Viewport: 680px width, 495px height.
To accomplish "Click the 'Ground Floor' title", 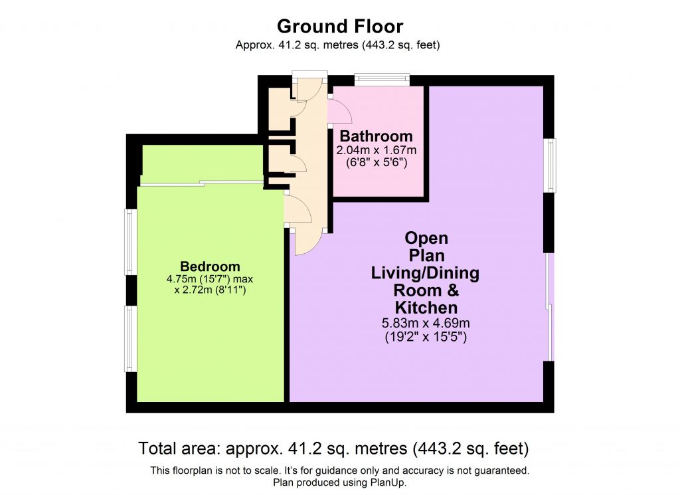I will pos(339,27).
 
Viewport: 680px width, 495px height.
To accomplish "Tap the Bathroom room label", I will pos(377,136).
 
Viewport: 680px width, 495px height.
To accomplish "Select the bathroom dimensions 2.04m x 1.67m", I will pos(377,149).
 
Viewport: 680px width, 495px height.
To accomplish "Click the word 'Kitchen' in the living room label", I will pos(426,308).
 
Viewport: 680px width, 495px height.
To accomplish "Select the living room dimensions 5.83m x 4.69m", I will pos(426,323).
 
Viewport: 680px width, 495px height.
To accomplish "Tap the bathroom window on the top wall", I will pos(382,80).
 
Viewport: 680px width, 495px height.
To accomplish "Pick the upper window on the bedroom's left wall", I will pos(131,242).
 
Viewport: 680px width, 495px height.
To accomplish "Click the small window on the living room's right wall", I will pos(550,165).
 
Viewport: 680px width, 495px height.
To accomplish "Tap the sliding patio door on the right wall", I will pos(549,307).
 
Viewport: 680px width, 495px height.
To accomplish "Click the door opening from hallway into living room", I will pos(307,241).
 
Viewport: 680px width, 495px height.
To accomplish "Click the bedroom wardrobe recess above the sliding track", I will pos(203,163).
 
